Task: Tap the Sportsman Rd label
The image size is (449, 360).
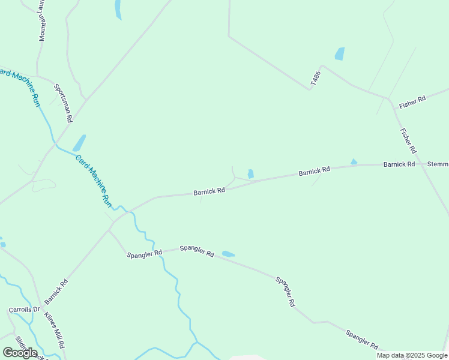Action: (x=63, y=103)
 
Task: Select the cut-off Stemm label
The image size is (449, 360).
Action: (x=438, y=164)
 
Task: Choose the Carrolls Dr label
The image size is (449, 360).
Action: (x=23, y=310)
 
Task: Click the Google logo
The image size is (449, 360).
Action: (x=20, y=352)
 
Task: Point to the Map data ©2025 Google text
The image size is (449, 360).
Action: (x=412, y=355)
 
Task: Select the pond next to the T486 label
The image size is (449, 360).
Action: (x=340, y=53)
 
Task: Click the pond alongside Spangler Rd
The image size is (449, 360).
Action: (x=228, y=254)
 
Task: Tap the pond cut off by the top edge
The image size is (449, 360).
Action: (x=118, y=8)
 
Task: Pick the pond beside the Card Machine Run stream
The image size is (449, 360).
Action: (x=79, y=143)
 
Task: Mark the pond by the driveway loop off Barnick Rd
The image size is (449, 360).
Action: (x=250, y=174)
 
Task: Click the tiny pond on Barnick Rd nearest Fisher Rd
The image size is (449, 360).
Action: (x=354, y=161)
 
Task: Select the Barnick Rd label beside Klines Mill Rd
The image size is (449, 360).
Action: (x=53, y=290)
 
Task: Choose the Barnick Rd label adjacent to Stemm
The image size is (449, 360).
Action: (x=399, y=164)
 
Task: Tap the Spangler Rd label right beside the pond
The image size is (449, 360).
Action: (x=197, y=251)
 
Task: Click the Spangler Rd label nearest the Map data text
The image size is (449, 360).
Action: (x=361, y=339)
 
